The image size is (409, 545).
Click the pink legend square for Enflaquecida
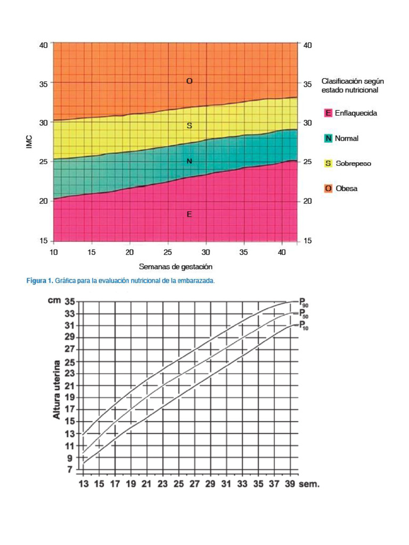tap(328, 113)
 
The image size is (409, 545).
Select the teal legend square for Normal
tap(328, 138)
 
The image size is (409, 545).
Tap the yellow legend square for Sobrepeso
tap(328, 163)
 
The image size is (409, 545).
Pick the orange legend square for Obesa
tap(328, 188)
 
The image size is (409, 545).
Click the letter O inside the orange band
tap(189, 81)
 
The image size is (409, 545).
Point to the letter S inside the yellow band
tap(189, 126)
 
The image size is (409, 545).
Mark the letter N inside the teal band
tap(189, 161)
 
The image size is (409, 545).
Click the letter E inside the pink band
tap(189, 214)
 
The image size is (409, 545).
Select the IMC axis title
tap(29, 142)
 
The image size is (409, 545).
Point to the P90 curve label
tap(303, 303)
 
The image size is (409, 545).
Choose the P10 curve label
tap(303, 326)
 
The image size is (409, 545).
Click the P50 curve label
tap(303, 315)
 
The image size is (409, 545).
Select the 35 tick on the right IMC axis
tap(307, 84)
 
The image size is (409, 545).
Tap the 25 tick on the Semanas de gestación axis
tap(168, 252)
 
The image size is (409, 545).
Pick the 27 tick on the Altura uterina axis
tap(70, 350)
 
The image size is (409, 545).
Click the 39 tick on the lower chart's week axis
tap(290, 484)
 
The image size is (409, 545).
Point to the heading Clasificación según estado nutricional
tap(353, 86)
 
